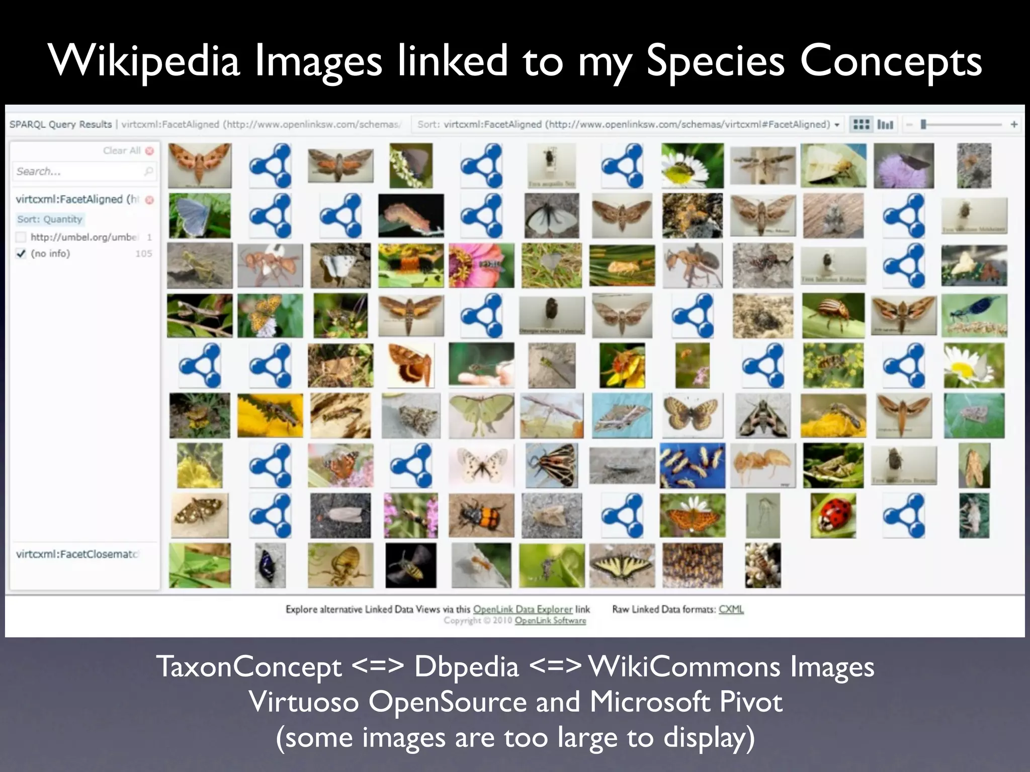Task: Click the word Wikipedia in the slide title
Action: tap(144, 61)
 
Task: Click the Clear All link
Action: tap(122, 150)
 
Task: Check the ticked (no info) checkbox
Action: tap(21, 254)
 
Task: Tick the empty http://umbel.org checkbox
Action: tap(21, 237)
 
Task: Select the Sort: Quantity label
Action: tap(49, 219)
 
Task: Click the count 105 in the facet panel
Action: tap(143, 254)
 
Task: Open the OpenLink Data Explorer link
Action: tap(523, 609)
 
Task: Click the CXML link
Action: tap(731, 609)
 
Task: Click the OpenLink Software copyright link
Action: tap(550, 621)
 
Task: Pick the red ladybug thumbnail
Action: tap(833, 515)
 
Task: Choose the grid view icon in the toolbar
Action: tap(861, 124)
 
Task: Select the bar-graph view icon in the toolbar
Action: tap(885, 124)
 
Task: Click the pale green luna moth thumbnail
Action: tap(481, 415)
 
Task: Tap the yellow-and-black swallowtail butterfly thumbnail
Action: tap(622, 565)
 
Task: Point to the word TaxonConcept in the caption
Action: tap(249, 667)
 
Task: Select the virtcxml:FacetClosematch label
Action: tap(76, 554)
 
